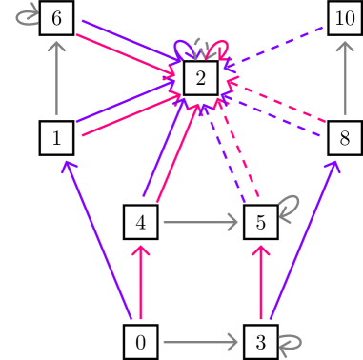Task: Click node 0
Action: point(140,341)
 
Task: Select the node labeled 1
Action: point(57,138)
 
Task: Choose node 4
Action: point(140,224)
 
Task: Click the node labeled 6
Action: point(57,19)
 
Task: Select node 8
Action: point(343,138)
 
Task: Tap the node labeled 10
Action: point(343,19)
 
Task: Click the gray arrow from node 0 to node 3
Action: point(199,341)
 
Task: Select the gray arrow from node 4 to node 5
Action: point(199,224)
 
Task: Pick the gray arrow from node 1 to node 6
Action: point(57,79)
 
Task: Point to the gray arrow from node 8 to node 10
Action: point(343,79)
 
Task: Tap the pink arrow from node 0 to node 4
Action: point(141,283)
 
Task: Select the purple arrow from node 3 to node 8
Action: point(303,238)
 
